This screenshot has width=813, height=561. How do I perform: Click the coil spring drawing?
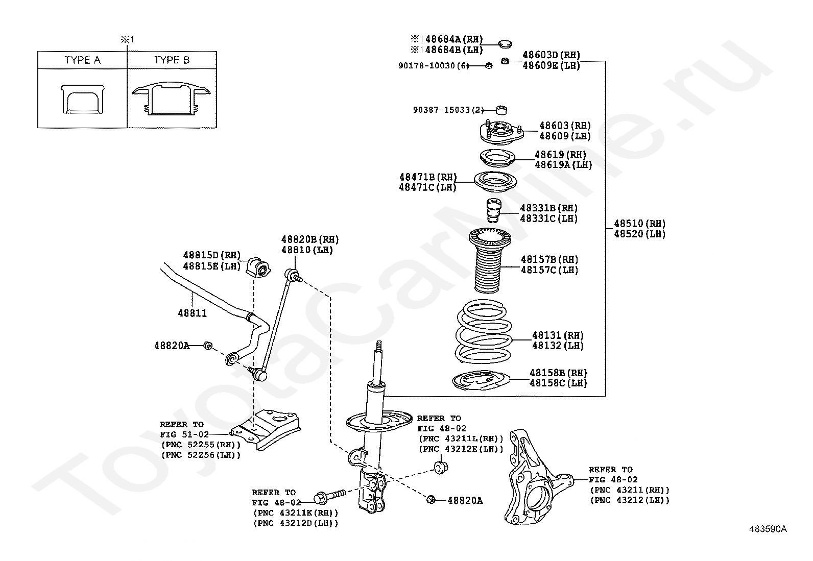coord(482,332)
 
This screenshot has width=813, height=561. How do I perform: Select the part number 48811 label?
coord(192,313)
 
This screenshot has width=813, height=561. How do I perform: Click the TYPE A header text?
coord(82,60)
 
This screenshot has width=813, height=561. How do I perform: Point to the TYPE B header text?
coord(172,60)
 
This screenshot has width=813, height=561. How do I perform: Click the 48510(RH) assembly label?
coord(639,224)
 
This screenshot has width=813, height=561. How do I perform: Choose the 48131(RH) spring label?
coord(558,335)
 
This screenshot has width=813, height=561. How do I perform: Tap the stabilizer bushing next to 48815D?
coord(258,267)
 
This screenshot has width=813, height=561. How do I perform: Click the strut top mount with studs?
coord(501,133)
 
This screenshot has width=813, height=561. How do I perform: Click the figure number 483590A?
coord(768,529)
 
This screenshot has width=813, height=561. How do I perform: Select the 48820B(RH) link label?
coord(309,239)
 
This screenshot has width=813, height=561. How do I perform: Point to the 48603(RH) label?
coord(565,126)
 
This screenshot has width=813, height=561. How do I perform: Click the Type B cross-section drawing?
coord(171,98)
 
